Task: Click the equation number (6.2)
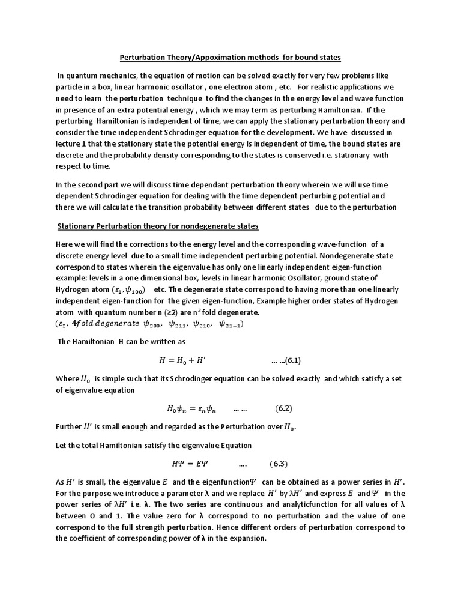[284, 409]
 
